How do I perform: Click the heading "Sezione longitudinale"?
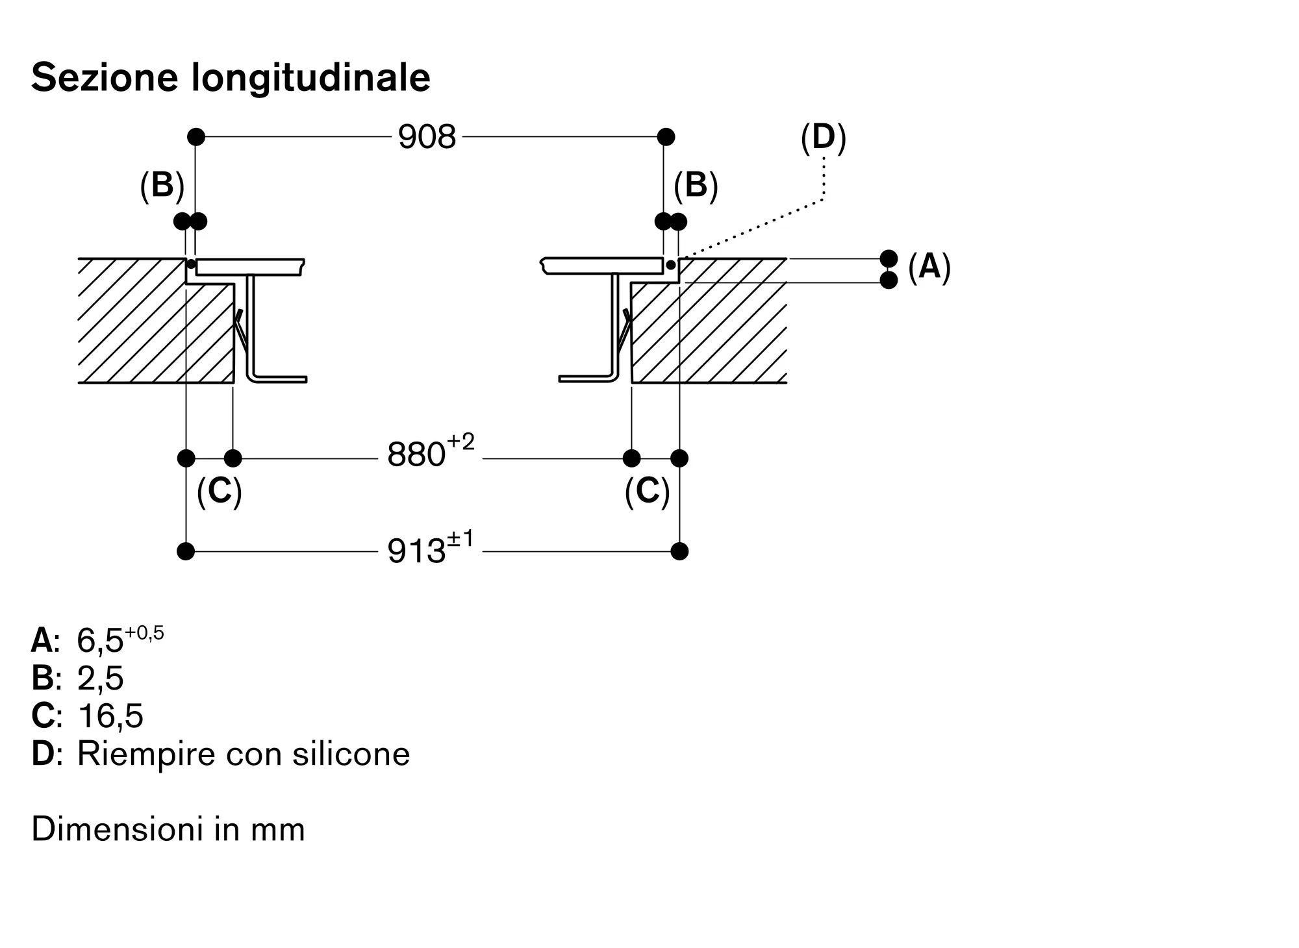click(x=231, y=78)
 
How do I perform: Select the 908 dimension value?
click(x=427, y=137)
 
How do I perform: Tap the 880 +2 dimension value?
click(x=430, y=453)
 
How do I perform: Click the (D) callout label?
click(x=823, y=137)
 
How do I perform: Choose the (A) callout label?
click(x=929, y=267)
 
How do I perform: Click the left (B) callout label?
click(x=162, y=185)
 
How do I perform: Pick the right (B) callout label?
click(x=696, y=185)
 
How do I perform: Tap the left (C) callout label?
click(x=219, y=491)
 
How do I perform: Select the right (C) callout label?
click(x=647, y=491)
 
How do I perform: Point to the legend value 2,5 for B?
click(x=101, y=679)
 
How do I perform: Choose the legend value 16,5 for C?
click(x=110, y=716)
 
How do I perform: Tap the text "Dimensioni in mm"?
click(x=168, y=829)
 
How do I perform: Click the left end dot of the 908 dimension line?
click(x=196, y=137)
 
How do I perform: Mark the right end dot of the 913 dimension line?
click(x=679, y=551)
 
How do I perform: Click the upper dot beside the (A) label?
click(x=889, y=258)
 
